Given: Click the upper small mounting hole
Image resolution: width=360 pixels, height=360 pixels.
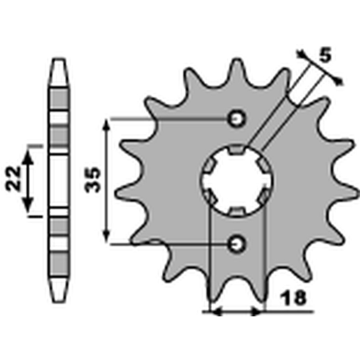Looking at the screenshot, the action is coord(237,119).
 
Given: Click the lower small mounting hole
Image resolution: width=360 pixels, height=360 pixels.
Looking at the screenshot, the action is coord(237,244).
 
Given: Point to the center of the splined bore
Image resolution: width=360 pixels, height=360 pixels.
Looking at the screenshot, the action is coord(237,181).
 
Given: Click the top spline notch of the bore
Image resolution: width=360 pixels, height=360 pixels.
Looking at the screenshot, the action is coord(237,149).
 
